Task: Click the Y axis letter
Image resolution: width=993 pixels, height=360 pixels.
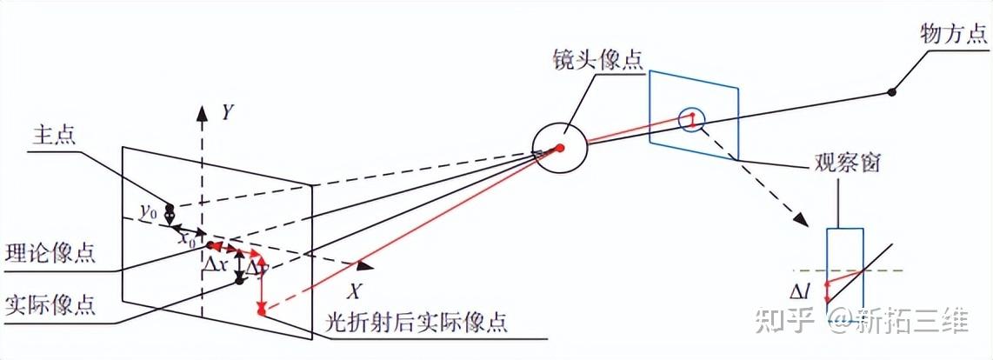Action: (227, 112)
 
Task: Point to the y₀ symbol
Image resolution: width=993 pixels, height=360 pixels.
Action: (149, 211)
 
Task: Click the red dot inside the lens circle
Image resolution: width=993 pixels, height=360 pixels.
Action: (561, 148)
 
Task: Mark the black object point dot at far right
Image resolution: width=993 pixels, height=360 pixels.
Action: (892, 90)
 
